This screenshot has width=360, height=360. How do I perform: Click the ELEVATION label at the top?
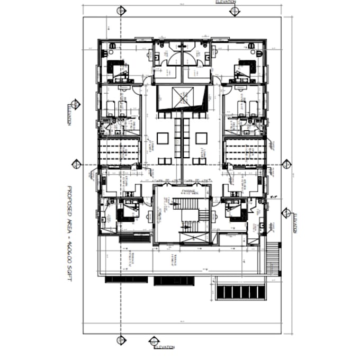(x=226, y=3)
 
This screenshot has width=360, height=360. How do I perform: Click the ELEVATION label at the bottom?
(x=164, y=347)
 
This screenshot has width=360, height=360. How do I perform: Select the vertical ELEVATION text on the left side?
(x=69, y=114)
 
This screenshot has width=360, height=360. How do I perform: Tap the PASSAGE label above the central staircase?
(x=189, y=191)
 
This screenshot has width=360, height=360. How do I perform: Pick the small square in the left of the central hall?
(x=163, y=138)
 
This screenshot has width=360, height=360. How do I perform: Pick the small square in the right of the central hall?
(x=201, y=138)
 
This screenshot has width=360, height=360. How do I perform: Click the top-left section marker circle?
(x=121, y=11)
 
